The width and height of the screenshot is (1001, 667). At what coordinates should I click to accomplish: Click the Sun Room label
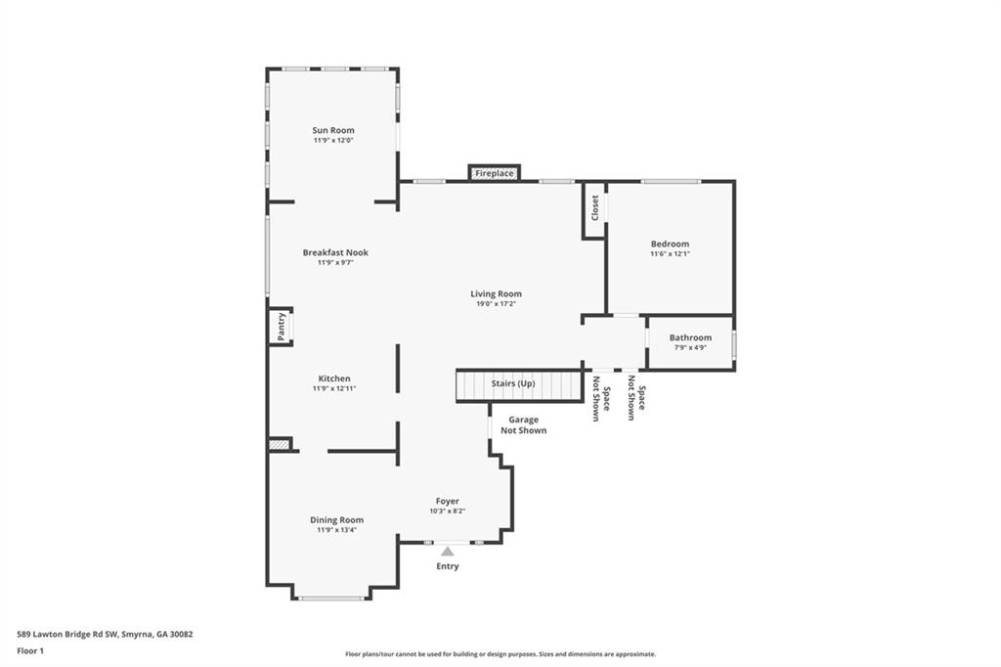click(333, 130)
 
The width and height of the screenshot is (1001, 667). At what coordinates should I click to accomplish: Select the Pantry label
click(281, 326)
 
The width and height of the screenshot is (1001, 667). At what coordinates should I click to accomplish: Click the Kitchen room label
click(333, 378)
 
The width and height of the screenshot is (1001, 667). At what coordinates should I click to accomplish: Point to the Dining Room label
click(336, 519)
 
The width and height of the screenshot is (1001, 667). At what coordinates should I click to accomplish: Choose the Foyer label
click(447, 501)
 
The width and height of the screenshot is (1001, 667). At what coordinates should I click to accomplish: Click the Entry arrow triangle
click(447, 552)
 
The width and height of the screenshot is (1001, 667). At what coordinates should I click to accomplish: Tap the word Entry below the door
click(447, 566)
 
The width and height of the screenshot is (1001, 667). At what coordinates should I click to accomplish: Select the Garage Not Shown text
click(523, 425)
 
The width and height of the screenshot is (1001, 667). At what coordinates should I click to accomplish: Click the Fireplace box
click(494, 173)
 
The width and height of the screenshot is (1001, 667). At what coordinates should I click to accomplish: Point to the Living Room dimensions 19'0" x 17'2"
click(496, 304)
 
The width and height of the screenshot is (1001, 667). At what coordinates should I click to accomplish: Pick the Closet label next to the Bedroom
click(594, 207)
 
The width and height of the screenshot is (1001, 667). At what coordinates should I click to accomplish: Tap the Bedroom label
click(670, 244)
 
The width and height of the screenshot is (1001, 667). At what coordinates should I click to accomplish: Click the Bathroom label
click(690, 337)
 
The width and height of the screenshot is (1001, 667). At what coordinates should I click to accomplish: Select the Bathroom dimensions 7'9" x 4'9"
click(690, 347)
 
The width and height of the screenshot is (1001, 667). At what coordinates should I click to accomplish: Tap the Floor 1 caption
click(30, 650)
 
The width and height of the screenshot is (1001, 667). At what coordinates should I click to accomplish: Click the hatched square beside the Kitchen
click(280, 444)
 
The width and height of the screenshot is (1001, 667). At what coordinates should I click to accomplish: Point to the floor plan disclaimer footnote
click(500, 654)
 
